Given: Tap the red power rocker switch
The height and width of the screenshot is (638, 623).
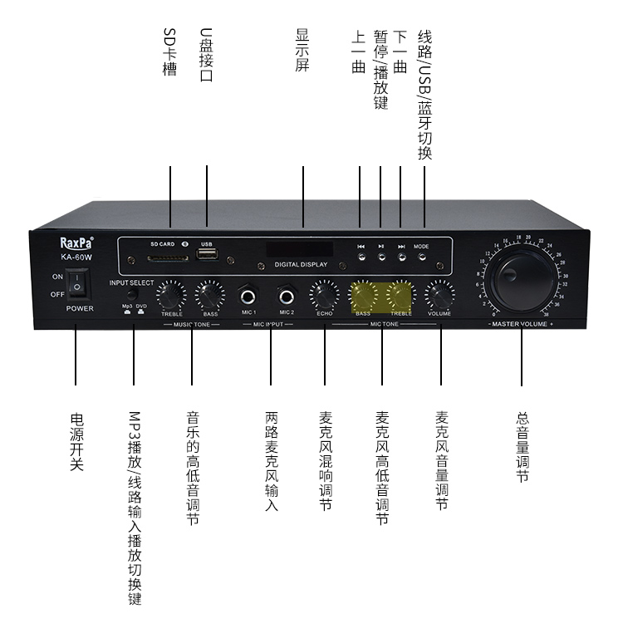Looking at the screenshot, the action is (77, 285).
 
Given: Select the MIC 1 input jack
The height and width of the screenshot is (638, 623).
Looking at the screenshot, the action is (248, 296).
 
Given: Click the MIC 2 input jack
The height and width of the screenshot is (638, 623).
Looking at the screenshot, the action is (287, 296).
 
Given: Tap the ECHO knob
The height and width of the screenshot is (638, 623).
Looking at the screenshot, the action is (324, 294).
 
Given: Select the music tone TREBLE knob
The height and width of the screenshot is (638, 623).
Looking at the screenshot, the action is (172, 294).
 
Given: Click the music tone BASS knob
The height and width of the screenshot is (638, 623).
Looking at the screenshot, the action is (210, 294).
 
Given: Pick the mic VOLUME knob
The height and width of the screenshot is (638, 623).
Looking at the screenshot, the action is (439, 294).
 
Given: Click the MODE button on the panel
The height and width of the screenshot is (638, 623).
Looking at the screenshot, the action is (423, 258).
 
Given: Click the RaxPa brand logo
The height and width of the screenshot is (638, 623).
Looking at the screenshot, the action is (77, 243).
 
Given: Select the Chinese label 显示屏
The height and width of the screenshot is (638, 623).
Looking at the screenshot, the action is (302, 52).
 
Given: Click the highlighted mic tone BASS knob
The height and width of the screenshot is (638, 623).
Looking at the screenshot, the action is (364, 294).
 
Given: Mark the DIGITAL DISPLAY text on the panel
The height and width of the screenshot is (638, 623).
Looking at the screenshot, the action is (302, 264).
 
